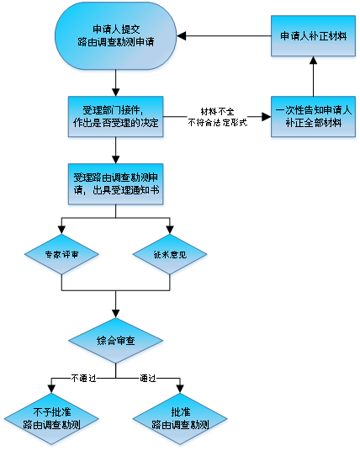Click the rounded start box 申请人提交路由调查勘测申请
(115, 36)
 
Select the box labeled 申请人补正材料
(313, 36)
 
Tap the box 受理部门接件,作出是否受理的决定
(115, 116)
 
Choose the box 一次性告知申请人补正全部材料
(313, 116)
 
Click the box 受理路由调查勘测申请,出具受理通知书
(115, 184)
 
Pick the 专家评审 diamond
(61, 254)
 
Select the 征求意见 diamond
(170, 254)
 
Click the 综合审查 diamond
(115, 341)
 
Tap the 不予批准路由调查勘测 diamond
(51, 418)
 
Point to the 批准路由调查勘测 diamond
(180, 418)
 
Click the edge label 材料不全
(217, 112)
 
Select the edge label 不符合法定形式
(217, 123)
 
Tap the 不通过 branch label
(83, 378)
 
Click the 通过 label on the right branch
(148, 378)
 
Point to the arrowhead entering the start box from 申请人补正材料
(181, 36)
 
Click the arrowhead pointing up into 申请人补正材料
(313, 61)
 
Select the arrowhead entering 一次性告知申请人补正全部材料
(267, 117)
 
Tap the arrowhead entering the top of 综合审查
(115, 314)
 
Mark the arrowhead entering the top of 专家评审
(61, 230)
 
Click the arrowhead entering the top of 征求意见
(170, 230)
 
